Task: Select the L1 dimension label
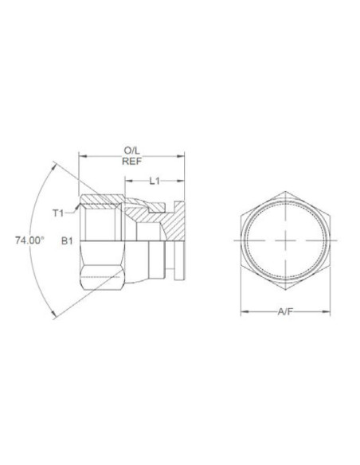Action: pos(156,181)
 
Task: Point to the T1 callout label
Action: pos(58,213)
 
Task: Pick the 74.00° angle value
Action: pos(29,239)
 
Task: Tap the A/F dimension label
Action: pos(285,313)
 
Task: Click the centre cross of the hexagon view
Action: pos(285,240)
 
